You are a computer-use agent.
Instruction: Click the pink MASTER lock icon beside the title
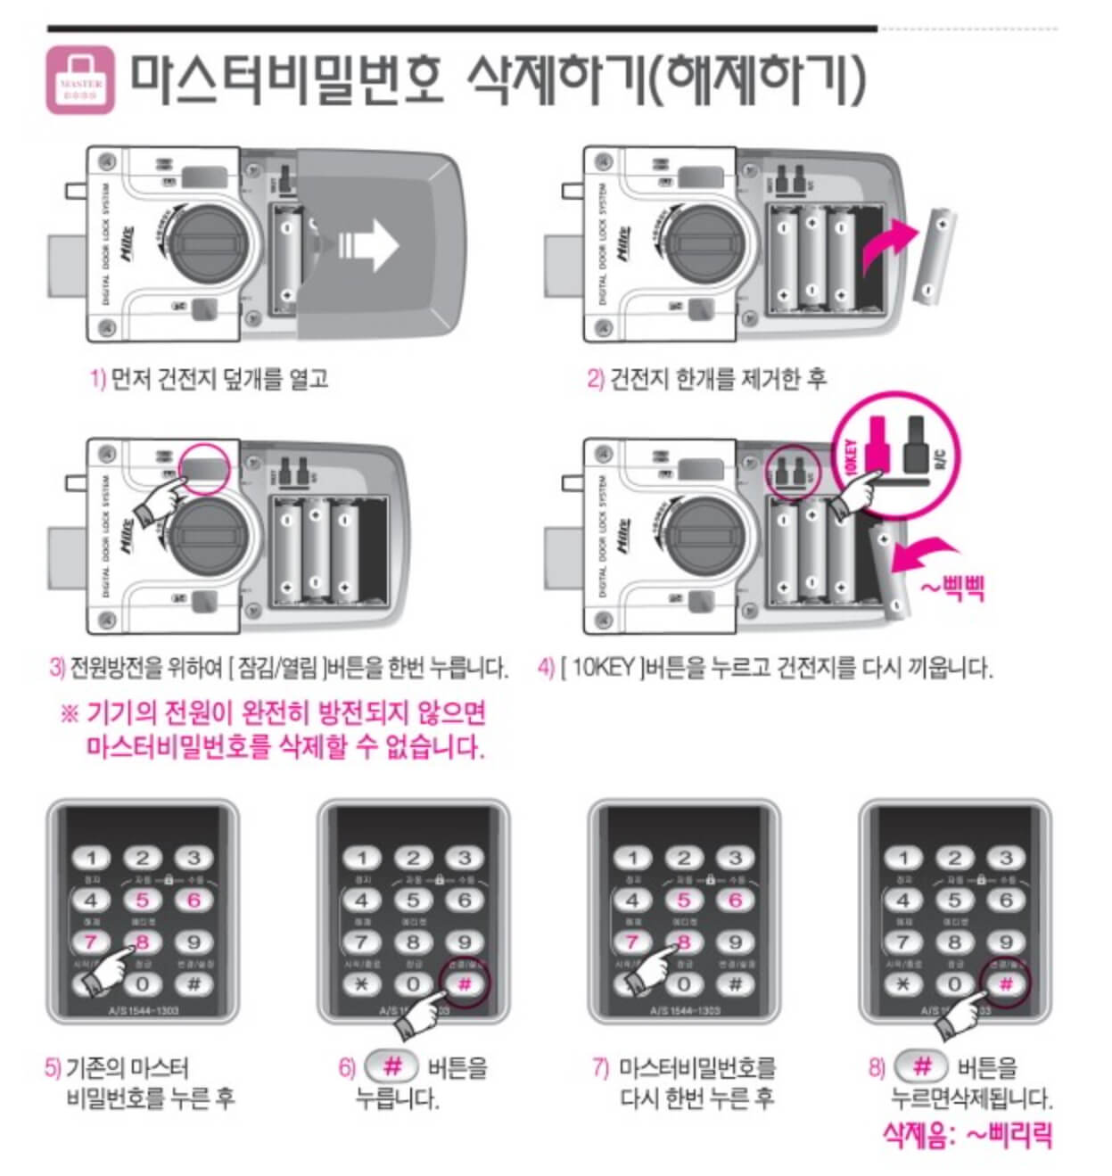tap(80, 81)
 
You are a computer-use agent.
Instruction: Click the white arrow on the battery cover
tap(368, 246)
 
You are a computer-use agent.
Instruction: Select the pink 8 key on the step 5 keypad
tap(142, 942)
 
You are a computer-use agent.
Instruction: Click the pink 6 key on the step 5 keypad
tap(194, 901)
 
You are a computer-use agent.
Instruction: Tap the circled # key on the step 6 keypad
tap(465, 984)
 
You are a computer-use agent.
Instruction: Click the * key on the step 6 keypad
tap(361, 984)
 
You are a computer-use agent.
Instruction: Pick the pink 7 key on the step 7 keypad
tap(632, 942)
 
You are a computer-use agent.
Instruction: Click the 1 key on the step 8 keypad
tap(903, 859)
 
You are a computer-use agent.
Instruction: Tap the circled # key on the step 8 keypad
tap(1006, 984)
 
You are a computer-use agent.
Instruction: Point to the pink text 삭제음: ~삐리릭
tap(967, 1135)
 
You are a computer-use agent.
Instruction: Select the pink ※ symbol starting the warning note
tap(70, 714)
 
